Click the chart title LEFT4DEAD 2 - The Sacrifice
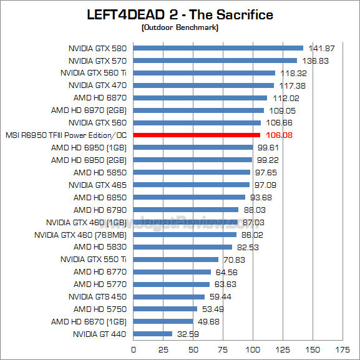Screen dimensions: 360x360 [x=180, y=14]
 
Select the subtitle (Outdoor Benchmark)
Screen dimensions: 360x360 [x=180, y=27]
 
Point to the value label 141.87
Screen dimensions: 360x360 [x=320, y=48]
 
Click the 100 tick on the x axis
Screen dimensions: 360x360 [x=253, y=349]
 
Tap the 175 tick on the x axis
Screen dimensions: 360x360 [x=342, y=349]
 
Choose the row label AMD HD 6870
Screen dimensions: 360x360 [x=100, y=98]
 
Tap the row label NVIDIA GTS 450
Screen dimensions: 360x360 [x=97, y=296]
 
